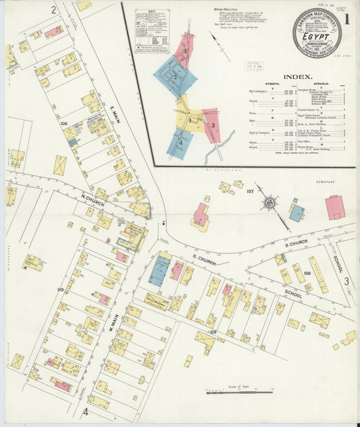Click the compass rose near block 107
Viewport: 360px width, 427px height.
tap(270, 201)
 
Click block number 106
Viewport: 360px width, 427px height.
tap(64, 124)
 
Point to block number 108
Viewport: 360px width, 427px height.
tap(307, 274)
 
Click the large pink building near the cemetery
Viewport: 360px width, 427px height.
tap(335, 207)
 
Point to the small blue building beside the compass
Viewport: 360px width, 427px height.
tap(297, 213)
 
